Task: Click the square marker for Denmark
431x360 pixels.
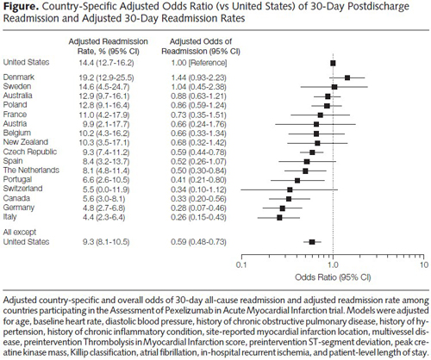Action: tap(347, 78)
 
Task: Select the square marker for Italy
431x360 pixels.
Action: tap(279, 218)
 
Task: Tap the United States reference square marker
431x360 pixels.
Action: tap(333, 63)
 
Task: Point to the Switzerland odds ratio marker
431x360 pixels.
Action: tap(290, 189)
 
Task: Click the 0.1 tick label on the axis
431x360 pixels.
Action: tap(241, 264)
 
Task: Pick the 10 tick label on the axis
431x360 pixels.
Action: tap(424, 264)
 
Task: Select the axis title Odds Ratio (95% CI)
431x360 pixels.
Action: tap(333, 277)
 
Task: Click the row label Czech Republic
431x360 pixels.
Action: tap(30, 152)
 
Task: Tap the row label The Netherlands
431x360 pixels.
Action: tap(31, 171)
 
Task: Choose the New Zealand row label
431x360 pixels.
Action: tap(26, 142)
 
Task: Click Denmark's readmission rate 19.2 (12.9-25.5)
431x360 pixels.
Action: tap(106, 78)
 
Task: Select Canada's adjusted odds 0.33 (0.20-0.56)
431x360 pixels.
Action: tap(198, 199)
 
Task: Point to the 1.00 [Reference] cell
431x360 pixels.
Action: tap(199, 63)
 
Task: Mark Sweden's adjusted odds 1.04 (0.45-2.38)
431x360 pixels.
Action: tap(198, 87)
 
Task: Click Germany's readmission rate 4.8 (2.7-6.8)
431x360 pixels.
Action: tap(103, 208)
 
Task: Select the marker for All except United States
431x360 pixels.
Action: tap(312, 242)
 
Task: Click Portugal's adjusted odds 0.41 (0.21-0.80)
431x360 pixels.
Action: tap(198, 180)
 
